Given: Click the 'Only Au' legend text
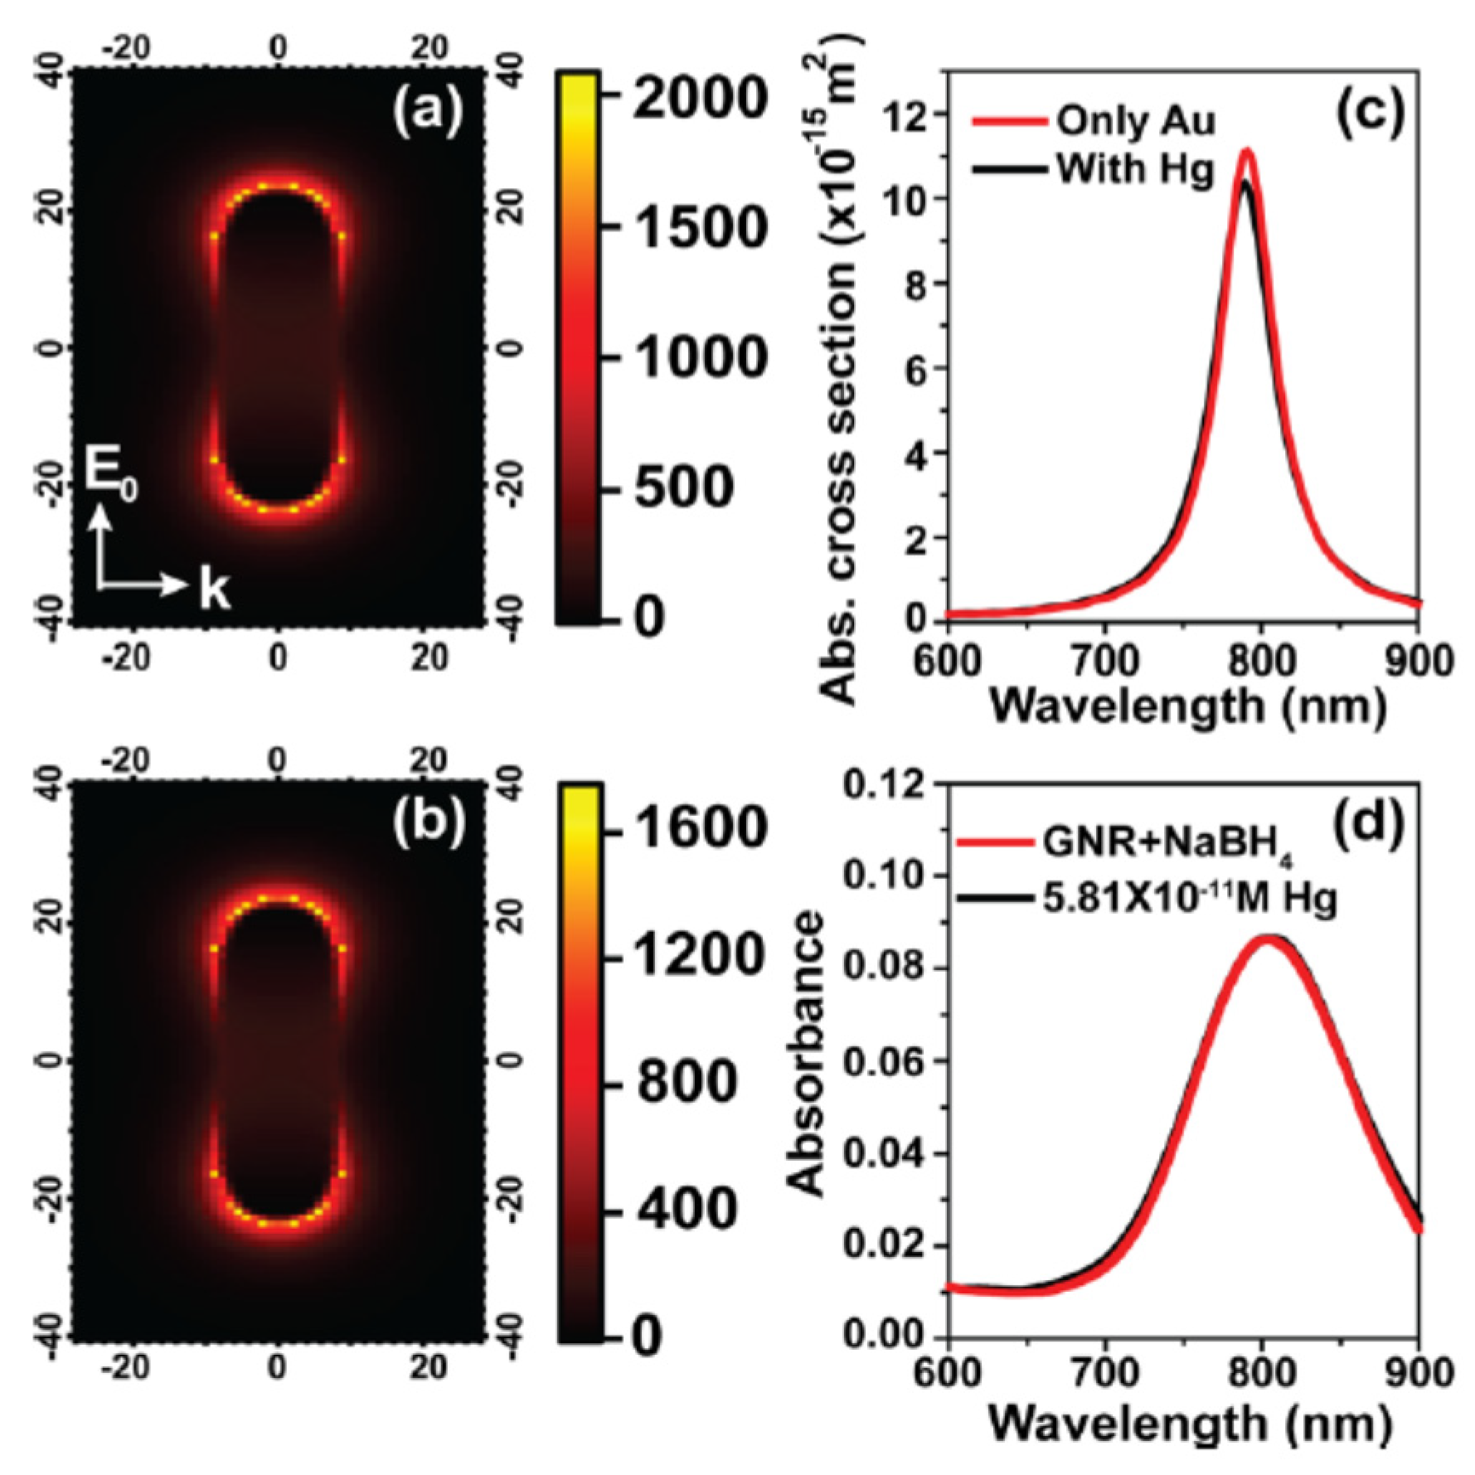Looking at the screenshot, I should pyautogui.click(x=1135, y=122).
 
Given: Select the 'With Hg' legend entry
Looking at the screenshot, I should pyautogui.click(x=1135, y=169).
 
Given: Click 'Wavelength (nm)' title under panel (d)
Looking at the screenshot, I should pyautogui.click(x=1186, y=1423).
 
